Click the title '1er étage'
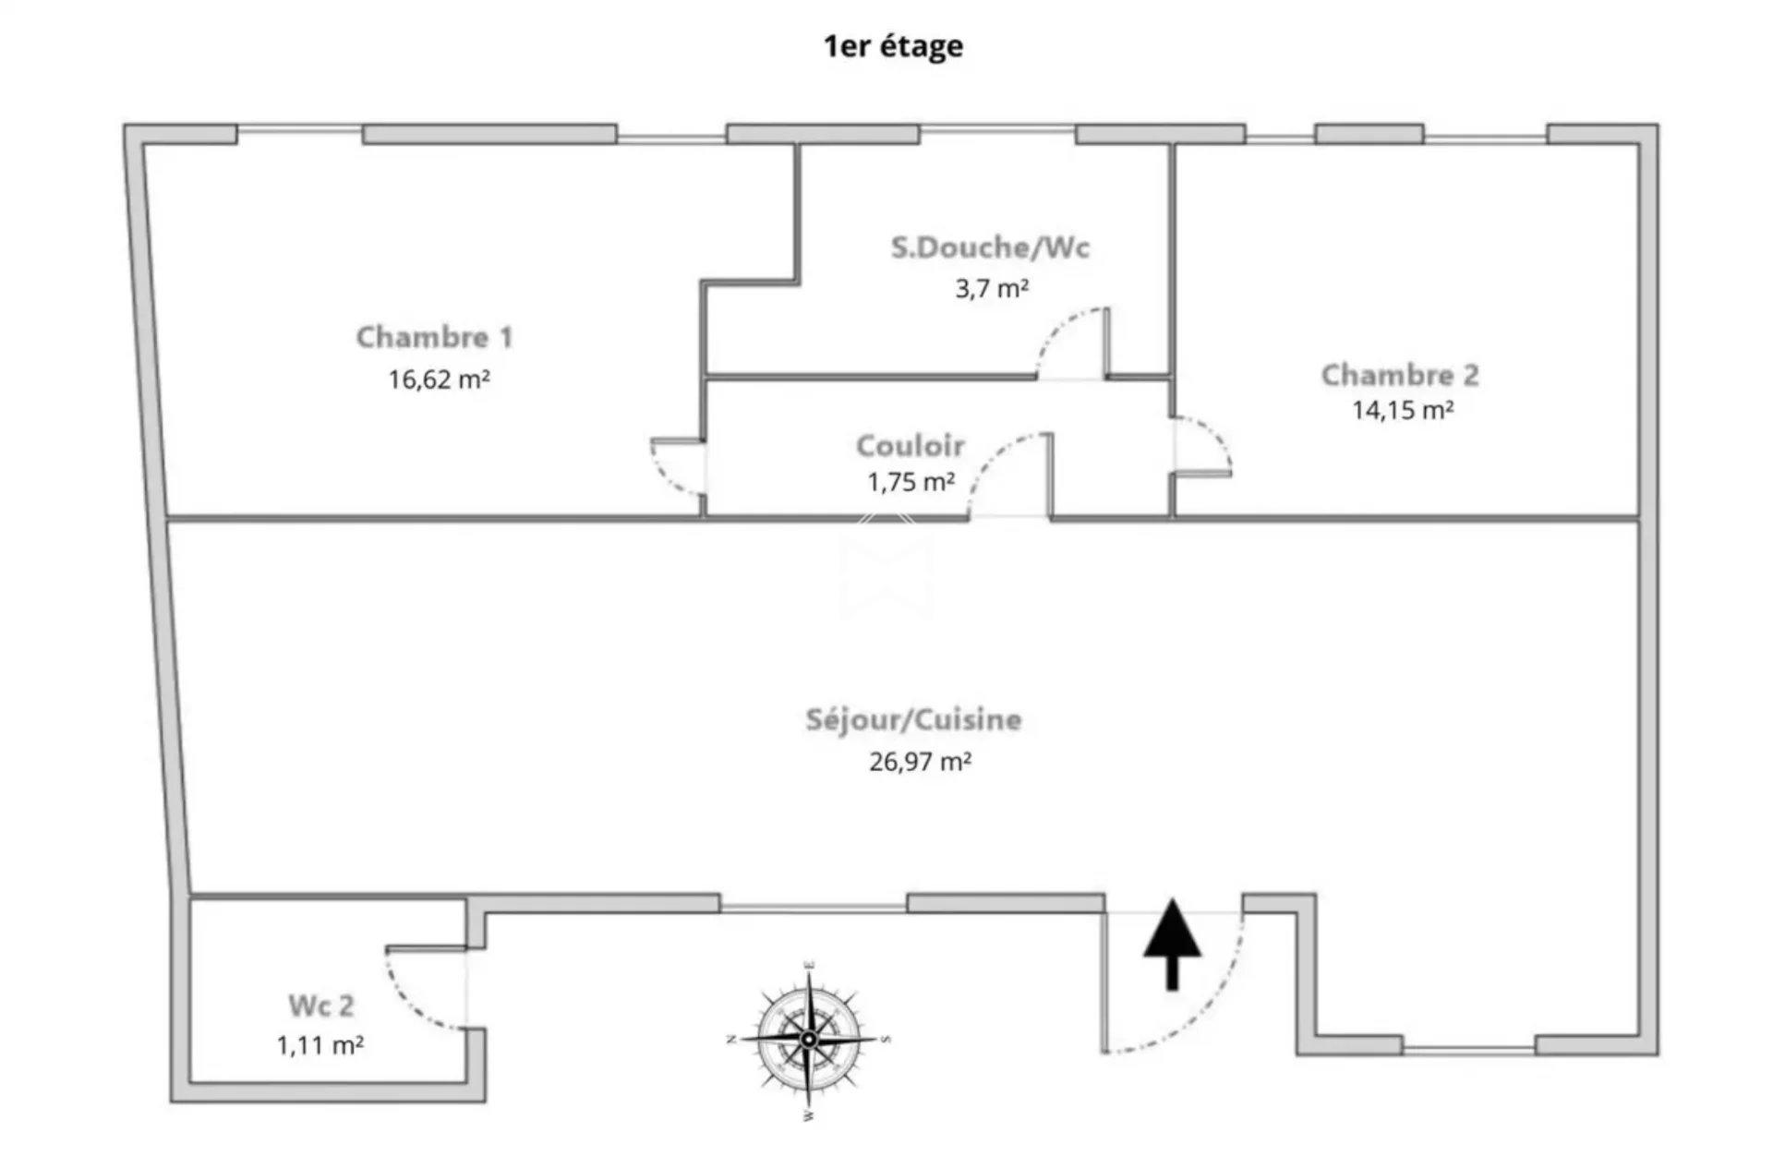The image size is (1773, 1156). (x=893, y=46)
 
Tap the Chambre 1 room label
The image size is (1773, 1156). (x=434, y=337)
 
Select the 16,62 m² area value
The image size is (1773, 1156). (x=439, y=379)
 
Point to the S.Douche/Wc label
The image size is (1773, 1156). (x=990, y=247)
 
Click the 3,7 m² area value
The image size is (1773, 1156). (x=992, y=288)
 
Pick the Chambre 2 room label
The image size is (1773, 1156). (x=1400, y=375)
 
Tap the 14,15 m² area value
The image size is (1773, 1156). (x=1403, y=410)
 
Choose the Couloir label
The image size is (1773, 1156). (x=911, y=446)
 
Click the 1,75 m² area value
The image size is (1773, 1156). (x=911, y=482)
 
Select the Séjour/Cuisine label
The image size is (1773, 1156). (x=913, y=719)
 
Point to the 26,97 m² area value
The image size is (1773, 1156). (x=920, y=762)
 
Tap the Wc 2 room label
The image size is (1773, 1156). (x=320, y=1005)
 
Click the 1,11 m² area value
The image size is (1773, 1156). (x=320, y=1045)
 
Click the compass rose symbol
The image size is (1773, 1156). (x=809, y=1040)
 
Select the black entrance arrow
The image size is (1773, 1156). (x=1173, y=944)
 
